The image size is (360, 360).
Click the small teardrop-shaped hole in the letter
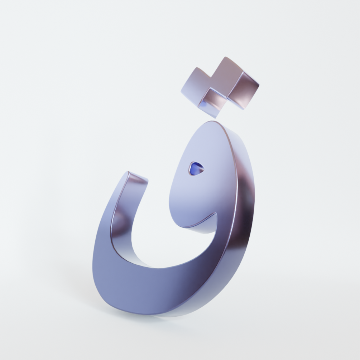(x=196, y=168)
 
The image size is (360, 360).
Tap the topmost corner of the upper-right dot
(x=225, y=57)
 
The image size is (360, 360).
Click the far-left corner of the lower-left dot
(x=181, y=91)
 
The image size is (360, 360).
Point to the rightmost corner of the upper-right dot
(x=259, y=85)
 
